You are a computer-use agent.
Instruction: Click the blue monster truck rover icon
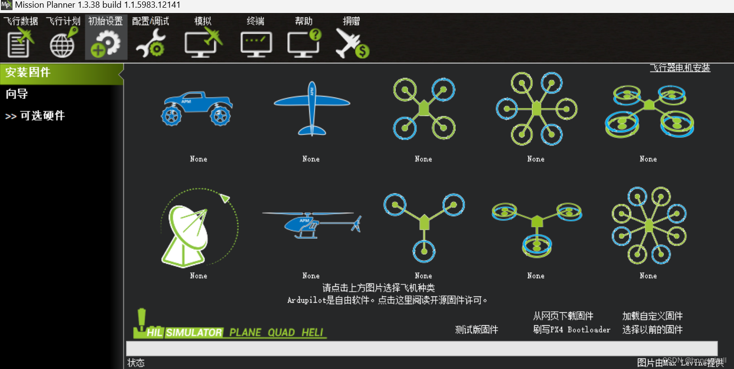(x=198, y=108)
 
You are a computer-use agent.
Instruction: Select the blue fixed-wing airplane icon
(x=311, y=108)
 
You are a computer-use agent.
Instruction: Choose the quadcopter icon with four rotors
(x=424, y=108)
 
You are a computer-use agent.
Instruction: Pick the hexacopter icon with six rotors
(x=536, y=108)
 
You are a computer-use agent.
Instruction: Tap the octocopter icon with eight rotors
(x=648, y=225)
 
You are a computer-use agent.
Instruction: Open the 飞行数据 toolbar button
(x=21, y=37)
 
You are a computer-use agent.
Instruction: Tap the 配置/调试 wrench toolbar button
(x=150, y=37)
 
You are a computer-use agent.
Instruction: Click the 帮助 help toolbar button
(x=304, y=37)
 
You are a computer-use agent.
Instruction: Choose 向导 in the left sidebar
(x=17, y=94)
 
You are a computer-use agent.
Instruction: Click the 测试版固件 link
(x=477, y=330)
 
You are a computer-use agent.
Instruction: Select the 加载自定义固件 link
(x=652, y=316)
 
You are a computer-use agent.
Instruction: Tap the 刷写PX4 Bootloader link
(x=572, y=330)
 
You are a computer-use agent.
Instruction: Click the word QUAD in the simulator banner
(x=281, y=332)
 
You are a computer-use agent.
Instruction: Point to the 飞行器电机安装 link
(x=680, y=68)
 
